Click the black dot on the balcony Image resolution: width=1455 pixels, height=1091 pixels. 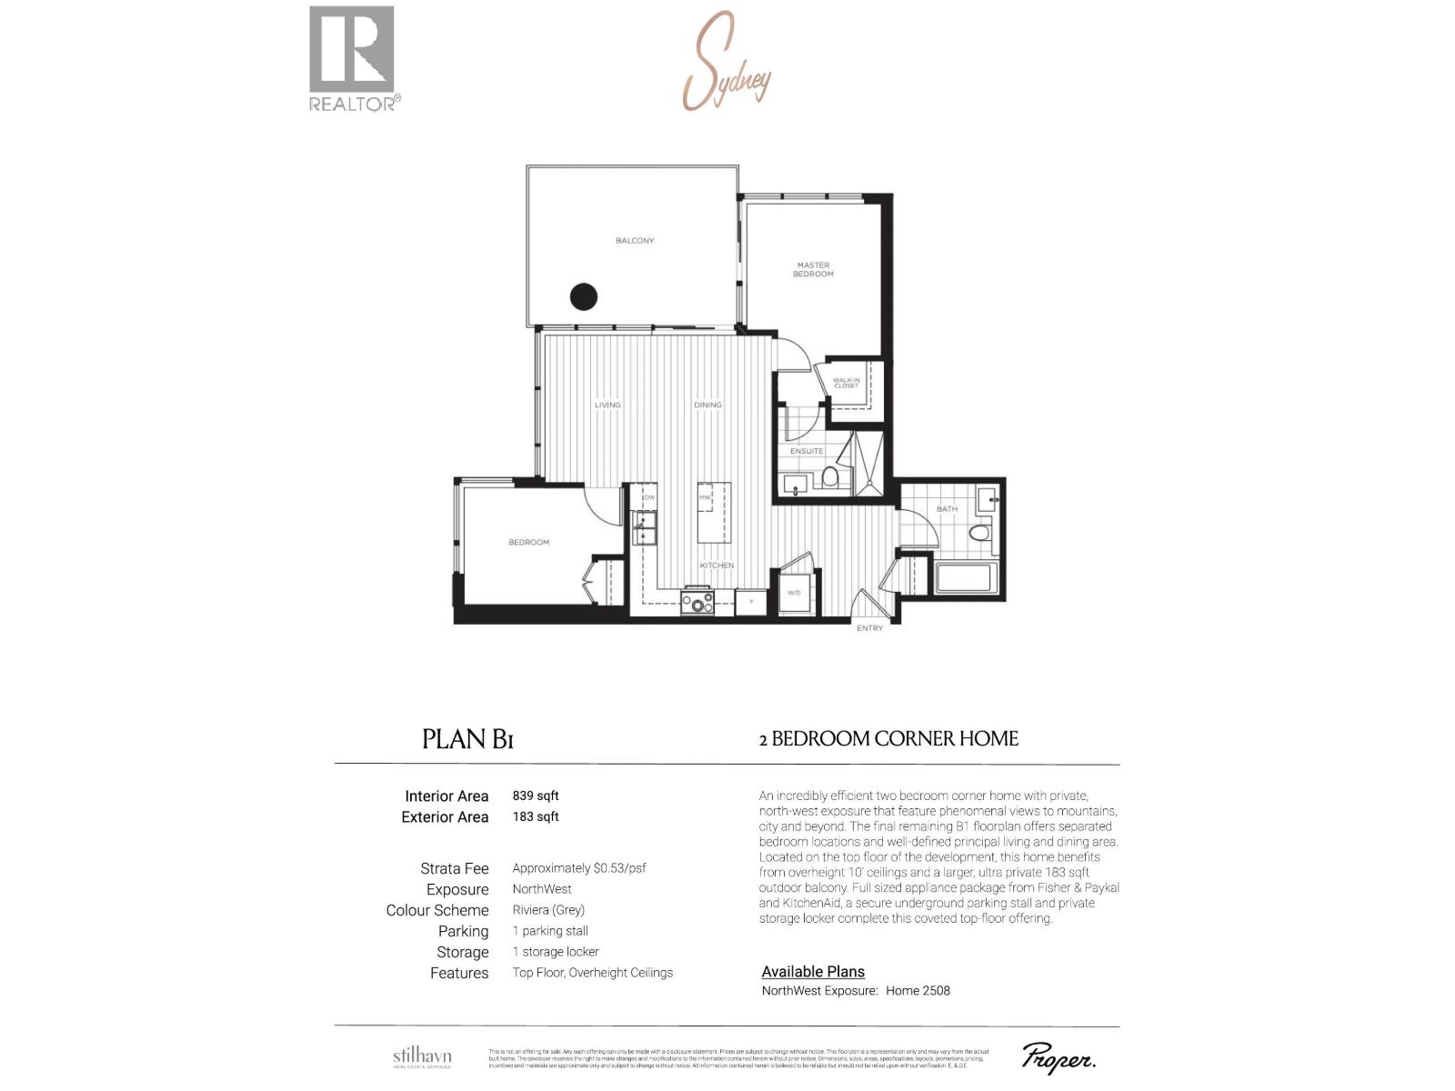[x=583, y=296]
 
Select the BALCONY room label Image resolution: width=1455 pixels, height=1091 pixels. [x=635, y=241]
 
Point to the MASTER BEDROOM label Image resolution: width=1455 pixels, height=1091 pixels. [x=813, y=269]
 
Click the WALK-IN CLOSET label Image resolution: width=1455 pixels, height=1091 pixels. [x=846, y=384]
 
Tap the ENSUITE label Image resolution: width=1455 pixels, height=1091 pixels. [x=807, y=451]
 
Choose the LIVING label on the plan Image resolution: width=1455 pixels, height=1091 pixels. [x=607, y=405]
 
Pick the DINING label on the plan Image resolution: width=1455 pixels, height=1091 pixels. [x=707, y=405]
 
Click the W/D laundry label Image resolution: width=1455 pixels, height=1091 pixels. [x=794, y=593]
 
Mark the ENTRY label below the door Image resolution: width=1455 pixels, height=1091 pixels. [x=869, y=628]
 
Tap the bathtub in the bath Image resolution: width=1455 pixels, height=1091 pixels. [x=967, y=578]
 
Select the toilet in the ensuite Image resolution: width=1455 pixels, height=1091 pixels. [x=830, y=477]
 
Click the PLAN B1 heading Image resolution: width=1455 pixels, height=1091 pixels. [x=467, y=739]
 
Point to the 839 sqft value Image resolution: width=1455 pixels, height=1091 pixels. [x=536, y=796]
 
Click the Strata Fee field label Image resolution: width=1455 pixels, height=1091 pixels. [x=454, y=868]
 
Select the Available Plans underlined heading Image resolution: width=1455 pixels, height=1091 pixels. [x=813, y=972]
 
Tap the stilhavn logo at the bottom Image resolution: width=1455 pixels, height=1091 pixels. [x=422, y=1057]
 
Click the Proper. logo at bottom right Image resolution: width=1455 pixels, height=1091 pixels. [x=1059, y=1058]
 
